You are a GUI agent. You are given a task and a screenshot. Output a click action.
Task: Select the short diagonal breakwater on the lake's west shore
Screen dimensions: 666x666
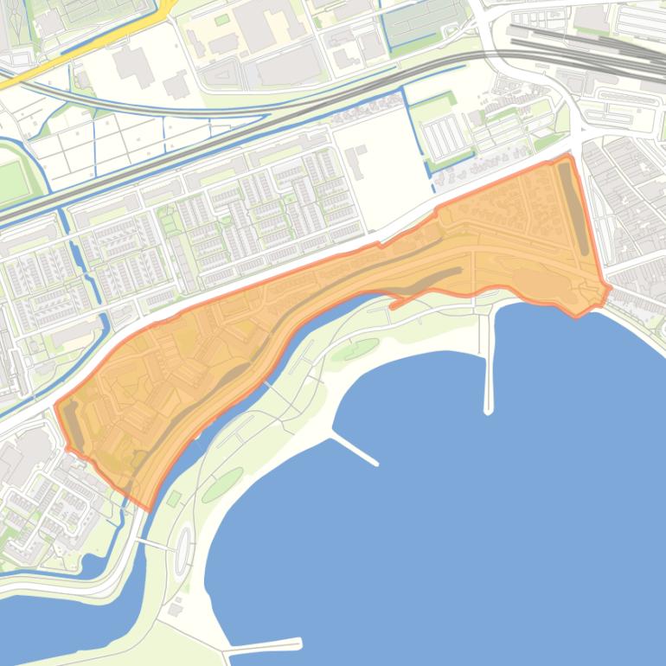tap(355, 449)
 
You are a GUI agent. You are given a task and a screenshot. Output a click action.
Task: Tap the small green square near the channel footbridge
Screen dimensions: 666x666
tap(172, 499)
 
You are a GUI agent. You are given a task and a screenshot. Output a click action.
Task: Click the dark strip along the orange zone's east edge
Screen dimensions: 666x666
tap(574, 208)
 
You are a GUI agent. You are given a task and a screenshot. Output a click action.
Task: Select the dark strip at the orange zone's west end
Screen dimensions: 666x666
tap(73, 429)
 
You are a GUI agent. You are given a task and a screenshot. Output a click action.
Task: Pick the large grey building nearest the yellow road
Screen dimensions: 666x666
tap(130, 64)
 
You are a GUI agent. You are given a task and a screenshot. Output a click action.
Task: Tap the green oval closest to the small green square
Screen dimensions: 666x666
tap(222, 484)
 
